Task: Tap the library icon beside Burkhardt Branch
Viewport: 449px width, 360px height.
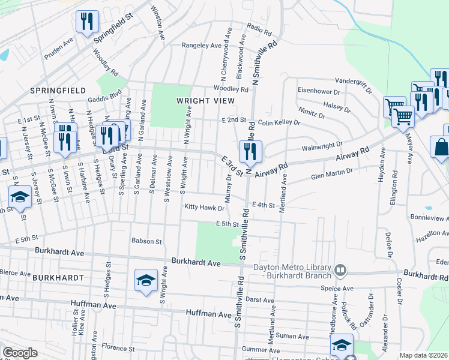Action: pyautogui.click(x=341, y=271)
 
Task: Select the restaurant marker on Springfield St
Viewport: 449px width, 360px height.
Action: pyautogui.click(x=86, y=23)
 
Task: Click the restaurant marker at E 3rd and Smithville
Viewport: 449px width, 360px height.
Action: pyautogui.click(x=250, y=152)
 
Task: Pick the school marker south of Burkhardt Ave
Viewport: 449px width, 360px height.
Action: pyautogui.click(x=146, y=281)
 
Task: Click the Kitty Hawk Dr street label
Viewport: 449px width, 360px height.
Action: pyautogui.click(x=204, y=208)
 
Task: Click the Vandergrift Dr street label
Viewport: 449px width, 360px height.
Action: pyautogui.click(x=353, y=83)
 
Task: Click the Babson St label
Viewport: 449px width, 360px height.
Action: pyautogui.click(x=147, y=242)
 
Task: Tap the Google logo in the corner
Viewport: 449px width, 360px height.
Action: pyautogui.click(x=20, y=353)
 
